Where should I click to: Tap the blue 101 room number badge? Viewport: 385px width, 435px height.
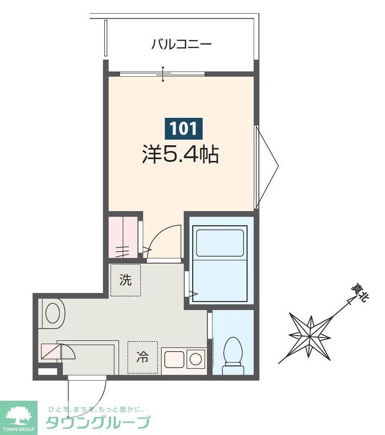pyautogui.click(x=184, y=128)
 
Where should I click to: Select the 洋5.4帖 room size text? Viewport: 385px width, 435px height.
pyautogui.click(x=180, y=156)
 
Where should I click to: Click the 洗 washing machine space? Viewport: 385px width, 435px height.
pyautogui.click(x=125, y=281)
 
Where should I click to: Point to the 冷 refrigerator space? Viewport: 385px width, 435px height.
pyautogui.click(x=142, y=358)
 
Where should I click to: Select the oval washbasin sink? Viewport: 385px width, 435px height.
pyautogui.click(x=53, y=314)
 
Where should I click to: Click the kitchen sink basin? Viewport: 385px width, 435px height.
pyautogui.click(x=173, y=358)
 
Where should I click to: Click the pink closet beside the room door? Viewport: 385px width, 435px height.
pyautogui.click(x=123, y=237)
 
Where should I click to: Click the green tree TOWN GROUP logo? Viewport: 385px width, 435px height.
pyautogui.click(x=18, y=418)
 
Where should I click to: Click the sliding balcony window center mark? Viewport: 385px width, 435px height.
pyautogui.click(x=163, y=73)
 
